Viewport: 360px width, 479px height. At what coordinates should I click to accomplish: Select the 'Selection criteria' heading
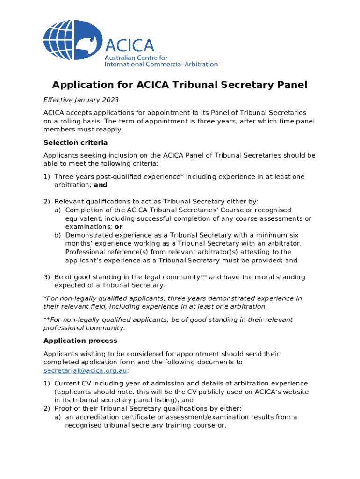click(75, 142)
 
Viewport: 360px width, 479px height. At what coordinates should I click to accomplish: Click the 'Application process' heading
click(80, 341)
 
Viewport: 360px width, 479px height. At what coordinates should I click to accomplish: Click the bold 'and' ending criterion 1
click(101, 185)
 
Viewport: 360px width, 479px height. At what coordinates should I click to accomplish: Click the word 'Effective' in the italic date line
click(58, 100)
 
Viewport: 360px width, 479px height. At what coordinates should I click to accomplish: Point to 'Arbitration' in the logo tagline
click(199, 64)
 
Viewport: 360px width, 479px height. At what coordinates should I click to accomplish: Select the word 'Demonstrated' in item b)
click(89, 235)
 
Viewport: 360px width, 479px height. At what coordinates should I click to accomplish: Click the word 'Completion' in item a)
click(84, 210)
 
